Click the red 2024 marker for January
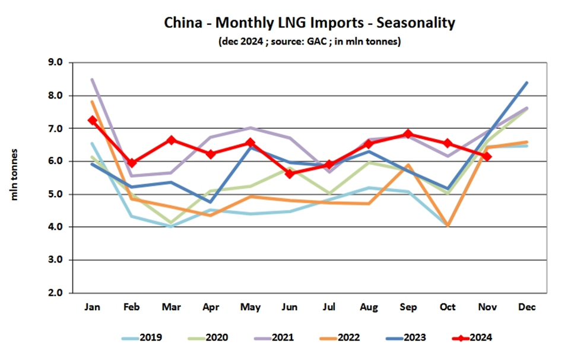tap(92, 120)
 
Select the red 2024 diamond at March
tap(171, 140)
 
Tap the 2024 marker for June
tap(290, 173)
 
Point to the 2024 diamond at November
tap(487, 156)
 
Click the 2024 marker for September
tap(408, 134)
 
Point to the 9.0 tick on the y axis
tap(63, 63)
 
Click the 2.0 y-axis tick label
tap(63, 293)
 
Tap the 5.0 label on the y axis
tap(63, 194)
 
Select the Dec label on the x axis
tap(527, 307)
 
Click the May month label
tap(250, 307)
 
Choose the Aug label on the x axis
tap(369, 307)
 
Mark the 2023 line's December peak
tap(527, 83)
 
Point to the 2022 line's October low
tap(448, 225)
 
